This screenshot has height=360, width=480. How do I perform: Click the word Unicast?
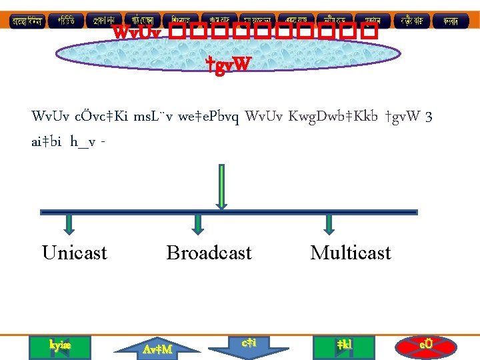point(74,253)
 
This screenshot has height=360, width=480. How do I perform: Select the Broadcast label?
point(209,253)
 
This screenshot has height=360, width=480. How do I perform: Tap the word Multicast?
point(351,253)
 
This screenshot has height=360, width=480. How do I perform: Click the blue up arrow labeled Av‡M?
point(158,347)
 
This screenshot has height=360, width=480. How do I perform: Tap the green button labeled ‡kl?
point(345,345)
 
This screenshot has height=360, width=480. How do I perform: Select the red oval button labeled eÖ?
point(426,345)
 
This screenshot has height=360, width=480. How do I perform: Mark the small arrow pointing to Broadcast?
point(197,225)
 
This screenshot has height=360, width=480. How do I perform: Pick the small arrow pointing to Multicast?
point(328,225)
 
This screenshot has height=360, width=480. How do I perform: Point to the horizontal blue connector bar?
point(229,212)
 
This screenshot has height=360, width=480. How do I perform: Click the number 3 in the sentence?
point(429,117)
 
